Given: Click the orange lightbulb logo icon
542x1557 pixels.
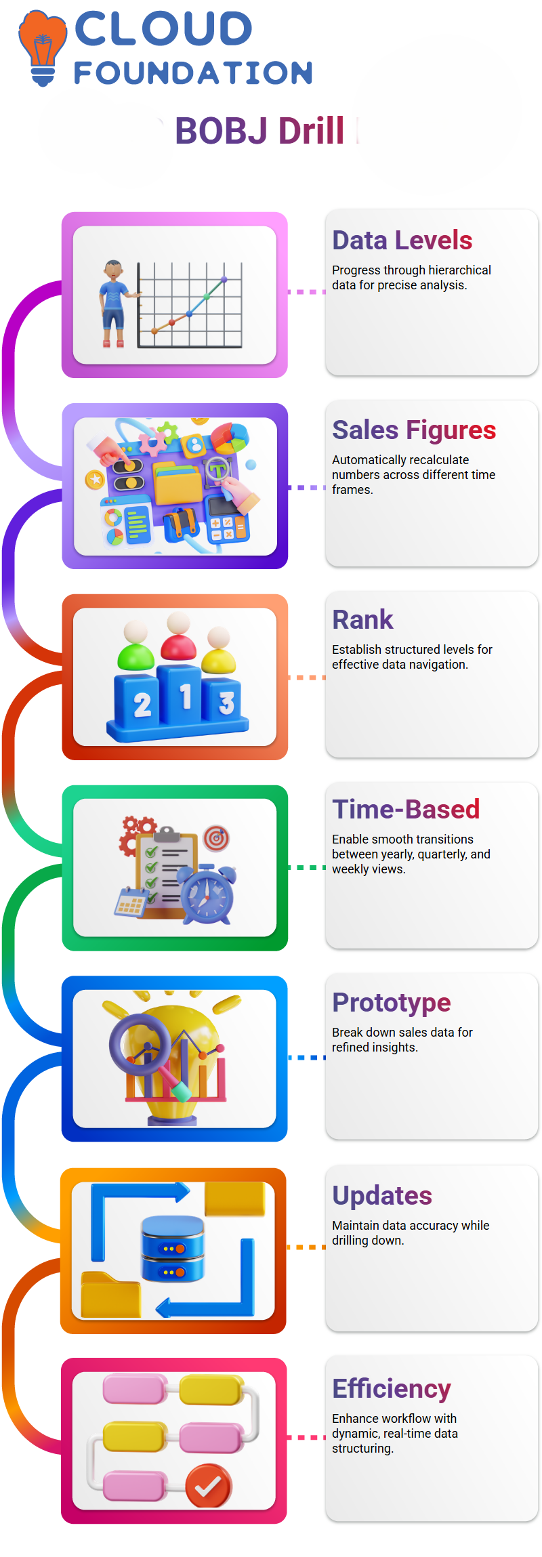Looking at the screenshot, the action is (x=43, y=47).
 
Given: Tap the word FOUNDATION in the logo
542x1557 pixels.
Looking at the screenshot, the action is (x=193, y=73).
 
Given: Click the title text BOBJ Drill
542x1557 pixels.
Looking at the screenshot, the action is (x=259, y=131).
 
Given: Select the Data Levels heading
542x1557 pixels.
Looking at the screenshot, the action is (x=402, y=241).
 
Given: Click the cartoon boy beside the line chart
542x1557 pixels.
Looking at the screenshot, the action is (x=114, y=304).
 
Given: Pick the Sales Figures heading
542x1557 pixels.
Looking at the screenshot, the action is (x=414, y=430).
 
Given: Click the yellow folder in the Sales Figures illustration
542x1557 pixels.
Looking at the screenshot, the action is (x=178, y=482).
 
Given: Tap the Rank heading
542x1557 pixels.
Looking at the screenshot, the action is (x=362, y=620).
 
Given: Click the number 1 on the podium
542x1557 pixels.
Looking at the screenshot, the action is (x=185, y=697).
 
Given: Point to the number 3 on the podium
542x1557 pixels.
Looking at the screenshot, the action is (x=226, y=703).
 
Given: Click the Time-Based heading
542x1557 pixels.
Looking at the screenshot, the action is (x=406, y=810).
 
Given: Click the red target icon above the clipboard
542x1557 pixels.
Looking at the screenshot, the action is (x=216, y=838).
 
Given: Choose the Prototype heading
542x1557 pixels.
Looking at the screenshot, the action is (x=392, y=1003).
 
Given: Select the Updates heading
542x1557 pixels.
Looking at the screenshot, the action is (x=382, y=1196).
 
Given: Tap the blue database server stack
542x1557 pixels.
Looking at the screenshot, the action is (x=173, y=1248).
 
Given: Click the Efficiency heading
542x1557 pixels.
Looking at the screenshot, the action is (x=392, y=1389).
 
